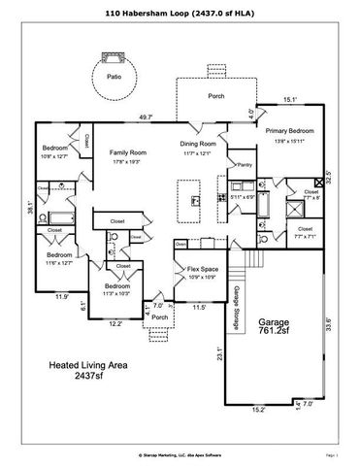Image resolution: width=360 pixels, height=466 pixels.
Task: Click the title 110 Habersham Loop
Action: (x=180, y=14)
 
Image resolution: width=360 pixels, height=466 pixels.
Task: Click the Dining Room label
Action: (x=201, y=145)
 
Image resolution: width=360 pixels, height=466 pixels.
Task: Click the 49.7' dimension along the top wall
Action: (x=147, y=116)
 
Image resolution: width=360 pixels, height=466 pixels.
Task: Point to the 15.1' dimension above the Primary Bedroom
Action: (x=289, y=99)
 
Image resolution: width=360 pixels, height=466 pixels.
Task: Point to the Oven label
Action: (x=180, y=245)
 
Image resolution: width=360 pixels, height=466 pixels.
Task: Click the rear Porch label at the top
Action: (x=216, y=97)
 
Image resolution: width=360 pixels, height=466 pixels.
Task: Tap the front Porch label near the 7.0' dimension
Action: (x=159, y=316)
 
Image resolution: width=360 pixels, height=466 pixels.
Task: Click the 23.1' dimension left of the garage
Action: (x=220, y=354)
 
